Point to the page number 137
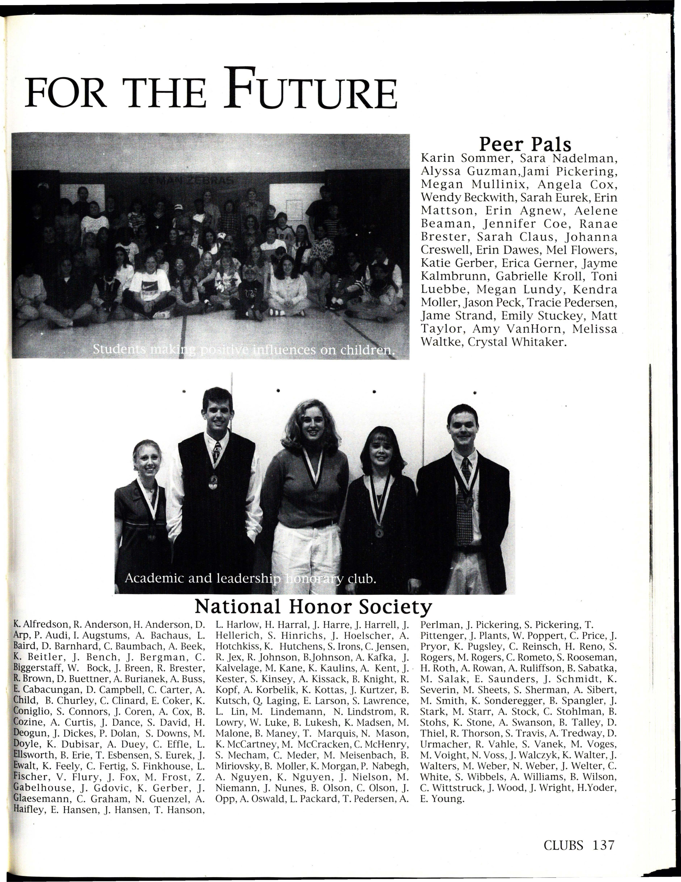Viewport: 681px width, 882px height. click(603, 845)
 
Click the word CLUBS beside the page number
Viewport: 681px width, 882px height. click(563, 845)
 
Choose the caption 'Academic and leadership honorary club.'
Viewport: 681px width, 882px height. click(251, 578)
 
